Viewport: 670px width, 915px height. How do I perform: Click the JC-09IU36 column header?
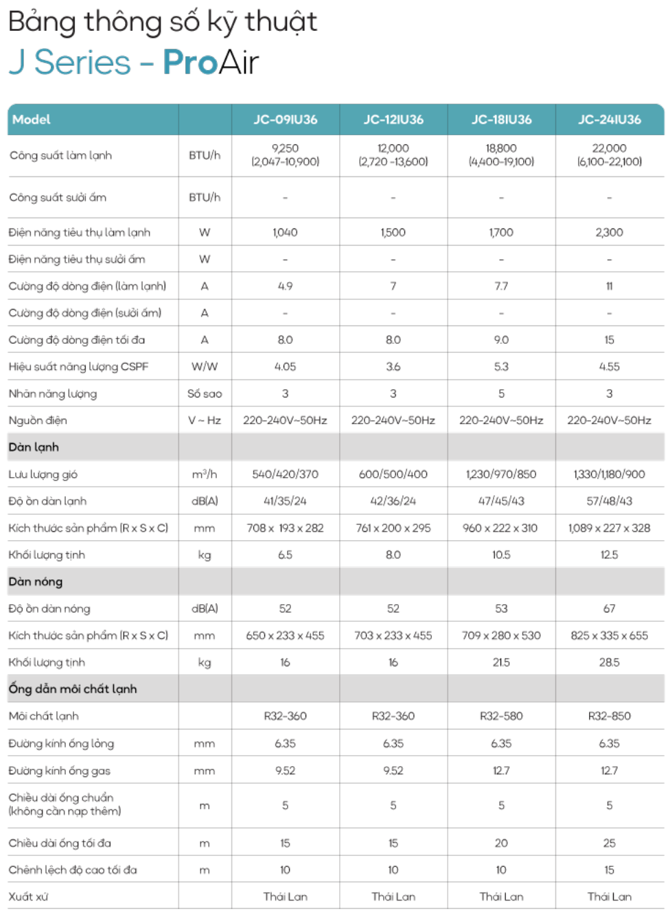tap(285, 119)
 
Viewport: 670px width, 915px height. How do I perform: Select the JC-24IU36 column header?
tap(609, 119)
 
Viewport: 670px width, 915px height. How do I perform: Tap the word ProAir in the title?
tap(211, 62)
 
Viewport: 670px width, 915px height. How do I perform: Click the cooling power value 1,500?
tap(393, 233)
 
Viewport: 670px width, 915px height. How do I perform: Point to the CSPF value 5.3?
tap(501, 367)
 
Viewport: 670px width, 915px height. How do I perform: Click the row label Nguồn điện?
tap(38, 420)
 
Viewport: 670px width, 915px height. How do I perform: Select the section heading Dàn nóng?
tap(36, 581)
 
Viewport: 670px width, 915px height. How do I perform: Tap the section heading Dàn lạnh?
tap(34, 447)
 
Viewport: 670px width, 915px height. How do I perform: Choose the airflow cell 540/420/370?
tap(285, 474)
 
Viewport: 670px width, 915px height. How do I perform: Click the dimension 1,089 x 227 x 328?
tap(609, 528)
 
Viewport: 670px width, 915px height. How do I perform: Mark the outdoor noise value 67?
tap(609, 609)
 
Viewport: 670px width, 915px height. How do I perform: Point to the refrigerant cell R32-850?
tap(609, 716)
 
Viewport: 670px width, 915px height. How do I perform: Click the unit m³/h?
tap(205, 474)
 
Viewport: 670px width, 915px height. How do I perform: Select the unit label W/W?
tap(205, 367)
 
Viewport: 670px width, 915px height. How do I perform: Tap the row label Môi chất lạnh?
tap(44, 716)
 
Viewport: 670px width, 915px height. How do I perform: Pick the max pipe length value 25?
tap(609, 843)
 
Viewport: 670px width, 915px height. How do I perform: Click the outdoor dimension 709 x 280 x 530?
tap(501, 636)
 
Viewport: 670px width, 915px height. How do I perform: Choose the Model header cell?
tap(32, 119)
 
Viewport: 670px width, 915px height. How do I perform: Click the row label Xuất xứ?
tap(28, 896)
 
